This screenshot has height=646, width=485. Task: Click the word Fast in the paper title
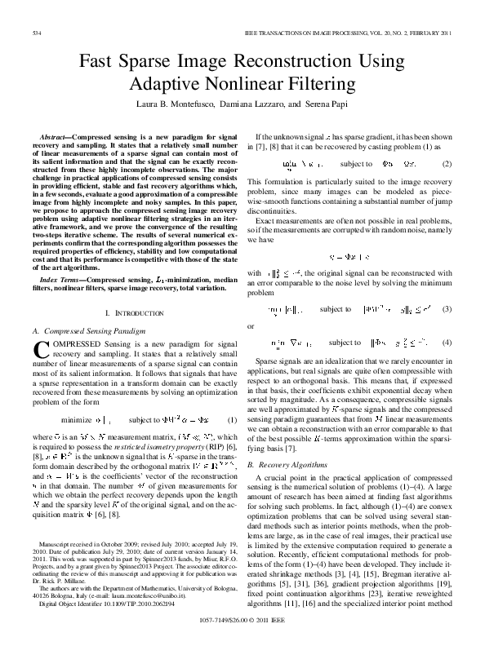[97, 63]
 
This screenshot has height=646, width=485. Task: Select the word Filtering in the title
[323, 84]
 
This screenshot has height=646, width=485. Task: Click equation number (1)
[231, 420]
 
